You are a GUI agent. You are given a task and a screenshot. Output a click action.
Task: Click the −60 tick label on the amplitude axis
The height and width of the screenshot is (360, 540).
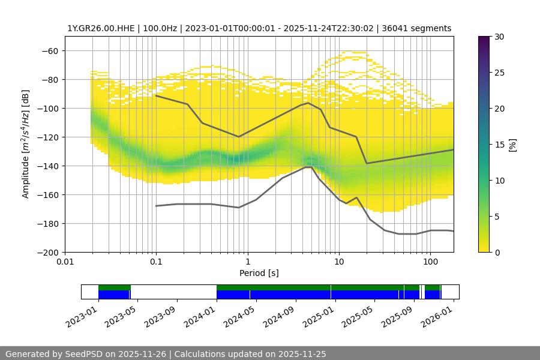tap(50, 50)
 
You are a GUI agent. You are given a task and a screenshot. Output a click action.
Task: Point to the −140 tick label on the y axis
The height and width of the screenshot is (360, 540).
tap(47, 166)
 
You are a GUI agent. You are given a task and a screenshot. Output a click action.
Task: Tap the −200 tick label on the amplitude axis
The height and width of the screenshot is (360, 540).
tap(47, 252)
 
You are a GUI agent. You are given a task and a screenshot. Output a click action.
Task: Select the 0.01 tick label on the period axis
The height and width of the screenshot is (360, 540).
tap(65, 262)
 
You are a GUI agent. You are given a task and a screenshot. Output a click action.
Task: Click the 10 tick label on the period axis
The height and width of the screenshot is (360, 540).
tap(338, 262)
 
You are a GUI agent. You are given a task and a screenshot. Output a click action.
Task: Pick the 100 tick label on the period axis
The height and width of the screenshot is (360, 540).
tap(430, 262)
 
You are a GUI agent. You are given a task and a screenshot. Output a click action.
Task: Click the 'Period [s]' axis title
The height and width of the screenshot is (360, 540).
tap(259, 273)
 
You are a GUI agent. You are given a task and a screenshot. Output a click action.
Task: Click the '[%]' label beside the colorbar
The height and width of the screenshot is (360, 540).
tap(512, 144)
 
